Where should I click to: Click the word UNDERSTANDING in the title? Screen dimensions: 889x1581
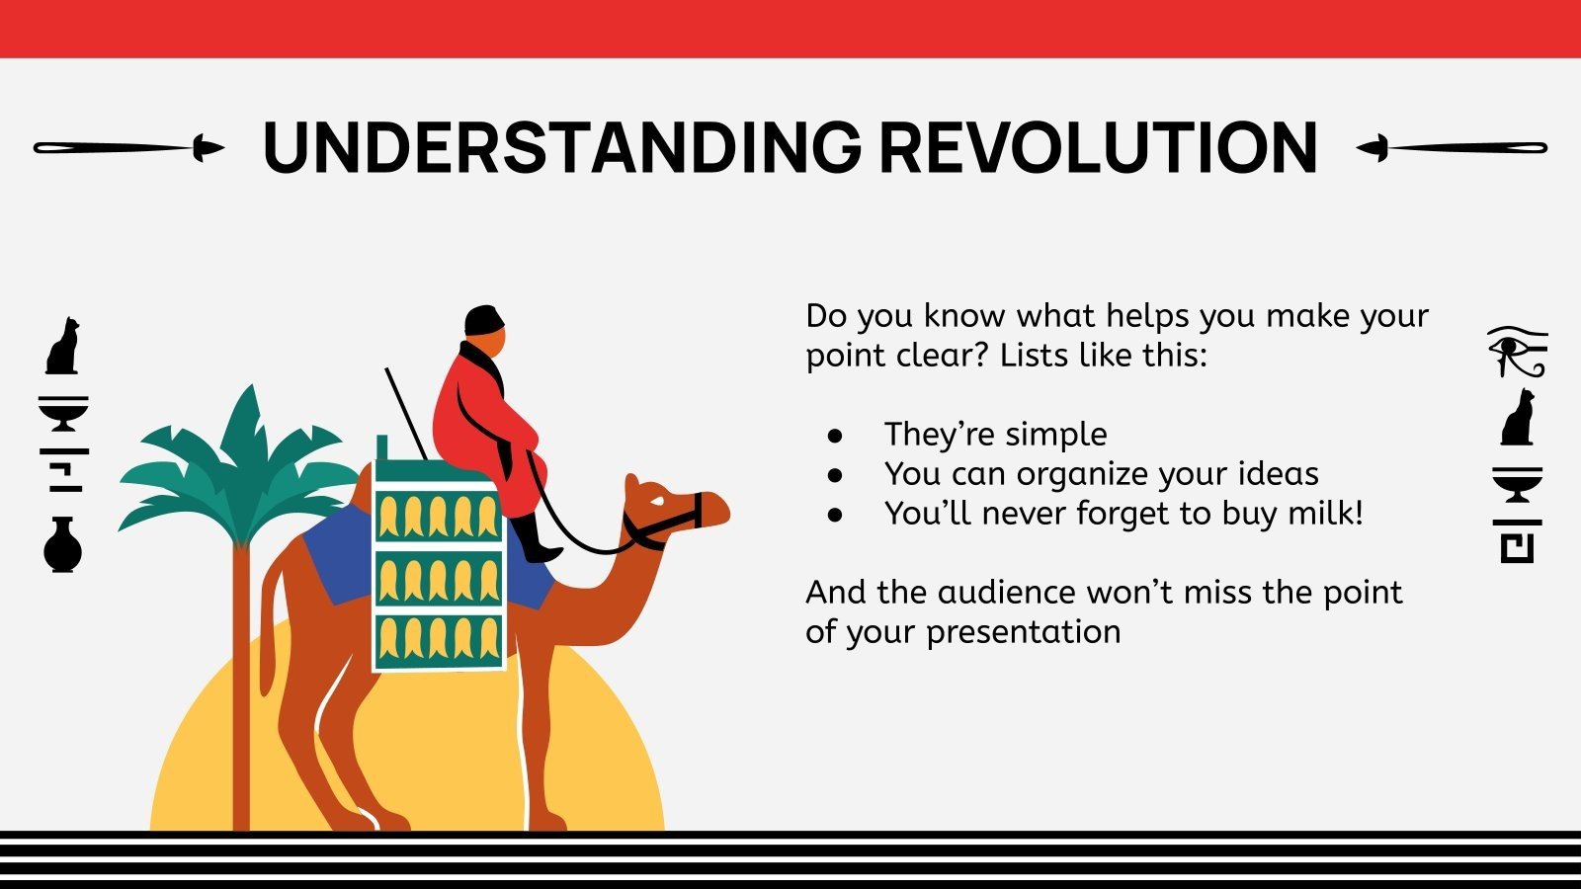561,148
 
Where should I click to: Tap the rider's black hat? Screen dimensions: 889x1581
484,320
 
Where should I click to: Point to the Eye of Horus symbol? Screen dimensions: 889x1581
1517,351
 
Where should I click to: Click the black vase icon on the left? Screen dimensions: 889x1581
62,545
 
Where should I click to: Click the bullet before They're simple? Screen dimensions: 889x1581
836,435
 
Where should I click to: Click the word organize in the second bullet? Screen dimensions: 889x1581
1083,474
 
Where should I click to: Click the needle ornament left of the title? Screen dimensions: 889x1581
128,148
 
